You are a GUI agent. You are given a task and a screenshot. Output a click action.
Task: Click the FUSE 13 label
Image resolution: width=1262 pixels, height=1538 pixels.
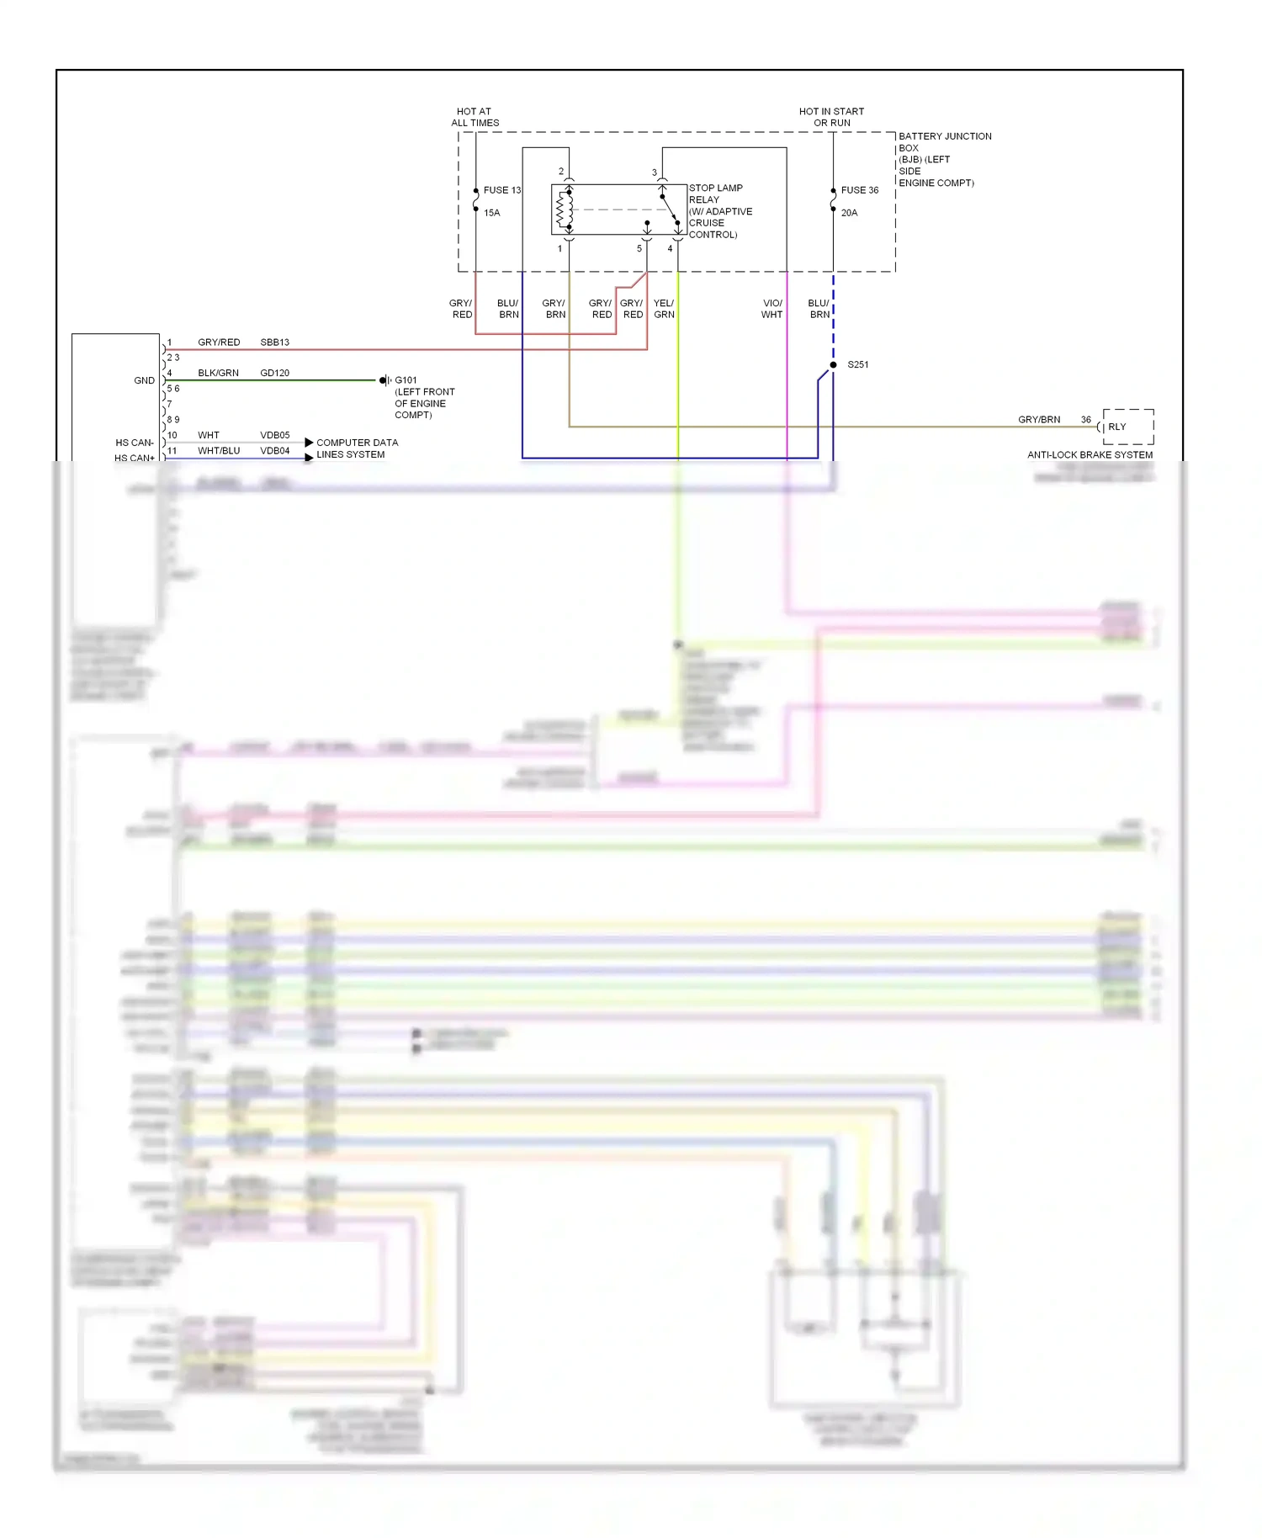(x=501, y=190)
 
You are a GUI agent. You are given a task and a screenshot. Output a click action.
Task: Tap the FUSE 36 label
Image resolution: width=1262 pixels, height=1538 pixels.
(x=859, y=190)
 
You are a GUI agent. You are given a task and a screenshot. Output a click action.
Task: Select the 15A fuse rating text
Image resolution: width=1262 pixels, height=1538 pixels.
(x=491, y=213)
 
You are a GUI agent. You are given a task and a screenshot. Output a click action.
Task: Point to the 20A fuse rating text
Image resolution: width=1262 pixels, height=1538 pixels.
(x=849, y=213)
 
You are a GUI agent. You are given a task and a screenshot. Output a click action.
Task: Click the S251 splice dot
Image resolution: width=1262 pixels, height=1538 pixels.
(x=833, y=365)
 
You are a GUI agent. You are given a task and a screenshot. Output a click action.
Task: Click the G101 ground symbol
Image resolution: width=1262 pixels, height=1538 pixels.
(x=384, y=380)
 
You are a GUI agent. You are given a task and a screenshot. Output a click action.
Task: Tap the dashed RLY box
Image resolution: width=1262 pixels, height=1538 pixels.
(x=1127, y=427)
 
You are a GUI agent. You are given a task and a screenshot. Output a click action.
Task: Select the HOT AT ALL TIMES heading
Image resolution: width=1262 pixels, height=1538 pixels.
(x=475, y=117)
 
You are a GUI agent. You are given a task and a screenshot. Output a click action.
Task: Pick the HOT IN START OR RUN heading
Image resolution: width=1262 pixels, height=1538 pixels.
(x=831, y=117)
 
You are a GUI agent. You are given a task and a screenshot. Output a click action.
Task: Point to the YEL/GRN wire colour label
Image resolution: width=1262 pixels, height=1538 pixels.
(x=664, y=309)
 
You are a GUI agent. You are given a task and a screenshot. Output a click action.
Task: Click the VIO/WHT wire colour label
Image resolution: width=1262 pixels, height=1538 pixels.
(x=772, y=309)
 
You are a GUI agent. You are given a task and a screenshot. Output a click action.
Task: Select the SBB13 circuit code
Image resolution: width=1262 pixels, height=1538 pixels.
(x=274, y=342)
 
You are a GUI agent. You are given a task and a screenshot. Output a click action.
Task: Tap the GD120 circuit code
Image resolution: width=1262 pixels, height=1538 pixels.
(x=274, y=373)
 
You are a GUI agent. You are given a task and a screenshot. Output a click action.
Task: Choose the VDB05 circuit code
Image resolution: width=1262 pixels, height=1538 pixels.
(x=274, y=435)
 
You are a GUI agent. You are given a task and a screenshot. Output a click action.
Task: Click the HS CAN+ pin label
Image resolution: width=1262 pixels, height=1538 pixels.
(x=135, y=458)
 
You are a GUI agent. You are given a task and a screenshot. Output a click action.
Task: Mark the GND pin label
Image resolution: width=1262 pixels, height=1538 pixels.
(x=144, y=380)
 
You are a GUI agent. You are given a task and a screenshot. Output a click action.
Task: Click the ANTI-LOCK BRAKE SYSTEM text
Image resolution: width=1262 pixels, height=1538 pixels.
(x=1090, y=454)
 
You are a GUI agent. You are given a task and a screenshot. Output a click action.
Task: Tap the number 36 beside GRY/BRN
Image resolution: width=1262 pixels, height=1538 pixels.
(x=1085, y=419)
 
